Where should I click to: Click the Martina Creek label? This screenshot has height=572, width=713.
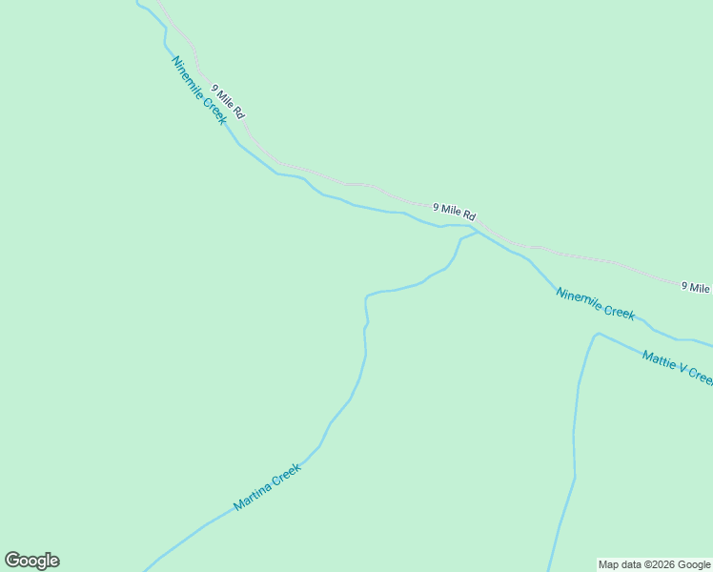267,486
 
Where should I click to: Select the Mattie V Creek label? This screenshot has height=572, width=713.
677,367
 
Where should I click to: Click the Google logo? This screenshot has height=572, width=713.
31,561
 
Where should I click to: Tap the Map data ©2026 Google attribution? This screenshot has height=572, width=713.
655,564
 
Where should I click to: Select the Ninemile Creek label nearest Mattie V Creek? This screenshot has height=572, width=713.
595,303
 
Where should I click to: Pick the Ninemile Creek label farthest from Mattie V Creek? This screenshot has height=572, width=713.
198,90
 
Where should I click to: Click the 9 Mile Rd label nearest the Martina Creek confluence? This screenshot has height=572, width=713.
454,212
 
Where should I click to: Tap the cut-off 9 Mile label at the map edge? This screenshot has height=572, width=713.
696,286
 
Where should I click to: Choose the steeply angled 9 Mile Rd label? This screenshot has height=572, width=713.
229,101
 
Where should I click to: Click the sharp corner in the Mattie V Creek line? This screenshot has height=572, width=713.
597,334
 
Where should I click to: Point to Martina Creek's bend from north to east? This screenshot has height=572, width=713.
368,296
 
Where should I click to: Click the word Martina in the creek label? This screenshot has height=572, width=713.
253,496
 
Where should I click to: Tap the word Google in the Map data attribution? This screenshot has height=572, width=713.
694,564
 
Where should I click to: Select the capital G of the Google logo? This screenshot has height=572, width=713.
12,561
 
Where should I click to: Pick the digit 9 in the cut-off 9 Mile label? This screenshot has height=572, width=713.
685,285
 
